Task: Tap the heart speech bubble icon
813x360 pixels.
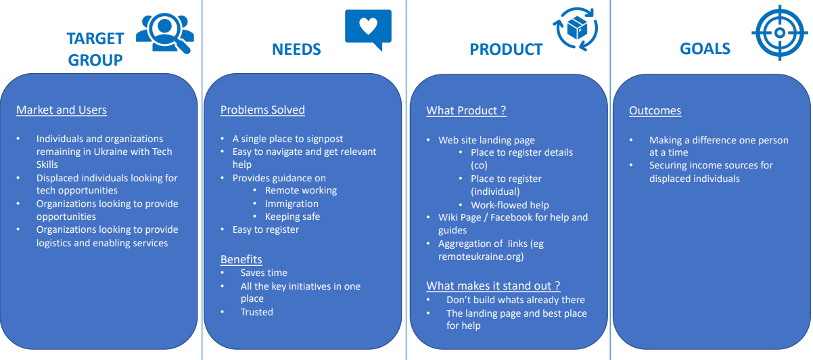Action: point(368,28)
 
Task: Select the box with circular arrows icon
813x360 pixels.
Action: point(576,29)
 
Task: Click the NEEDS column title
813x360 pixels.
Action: point(296,49)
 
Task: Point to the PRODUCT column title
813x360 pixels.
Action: point(506,49)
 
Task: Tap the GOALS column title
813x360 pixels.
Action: point(705,49)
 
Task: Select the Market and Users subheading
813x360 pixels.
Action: point(62,110)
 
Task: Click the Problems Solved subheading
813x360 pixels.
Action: point(262,110)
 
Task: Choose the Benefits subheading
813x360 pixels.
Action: point(241,259)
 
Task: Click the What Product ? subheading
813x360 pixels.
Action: point(466,110)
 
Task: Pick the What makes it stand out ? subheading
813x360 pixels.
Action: point(493,286)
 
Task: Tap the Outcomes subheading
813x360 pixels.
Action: point(655,110)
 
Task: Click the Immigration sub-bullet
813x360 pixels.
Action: point(292,204)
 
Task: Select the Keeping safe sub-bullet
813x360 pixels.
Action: point(292,217)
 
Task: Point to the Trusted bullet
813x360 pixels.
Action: point(256,312)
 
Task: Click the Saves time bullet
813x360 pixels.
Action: point(264,273)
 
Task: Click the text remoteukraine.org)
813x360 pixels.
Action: point(480,256)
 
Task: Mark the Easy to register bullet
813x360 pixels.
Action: point(265,229)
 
